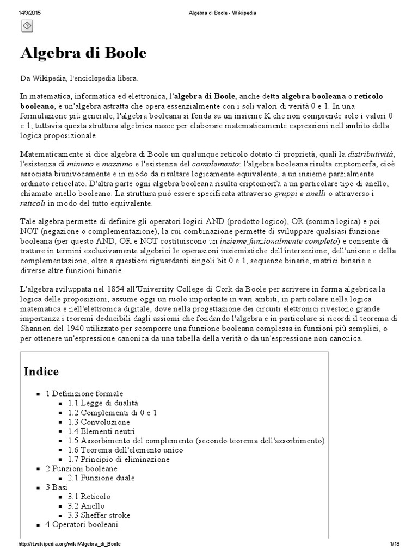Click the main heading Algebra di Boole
[83, 53]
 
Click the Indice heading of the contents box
[41, 372]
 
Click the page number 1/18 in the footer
[395, 544]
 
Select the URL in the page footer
[69, 544]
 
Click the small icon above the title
[27, 26]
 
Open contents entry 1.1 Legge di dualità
[103, 403]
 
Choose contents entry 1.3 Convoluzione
[99, 422]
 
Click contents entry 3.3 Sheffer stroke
[99, 515]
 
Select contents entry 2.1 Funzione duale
[101, 478]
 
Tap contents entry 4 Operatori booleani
[82, 524]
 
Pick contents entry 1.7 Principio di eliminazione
[119, 459]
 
